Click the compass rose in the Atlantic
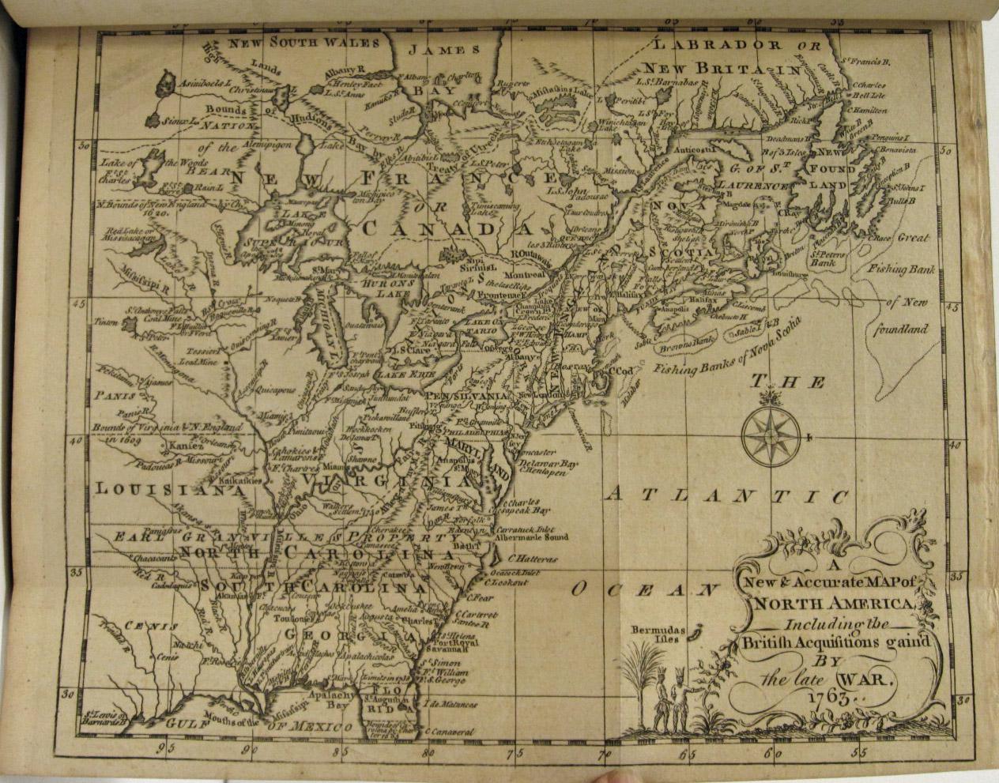coord(771,435)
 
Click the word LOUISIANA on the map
coord(167,489)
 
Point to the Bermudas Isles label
coord(657,634)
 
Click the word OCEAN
coord(643,589)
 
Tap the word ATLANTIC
coord(727,496)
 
